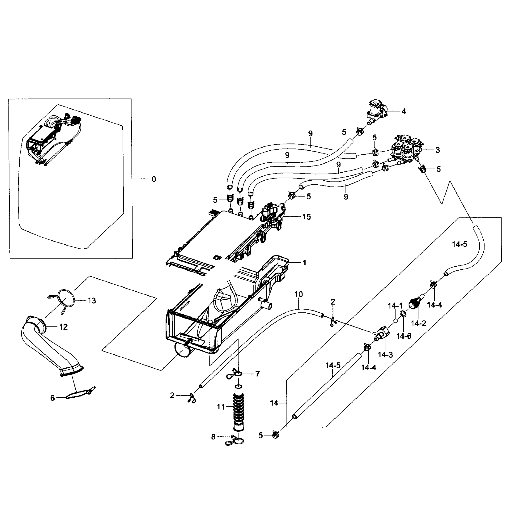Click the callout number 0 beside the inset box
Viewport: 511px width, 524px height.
[x=154, y=179]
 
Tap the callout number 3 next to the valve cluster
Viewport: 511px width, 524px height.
[x=437, y=150]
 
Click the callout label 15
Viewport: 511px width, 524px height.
[x=307, y=217]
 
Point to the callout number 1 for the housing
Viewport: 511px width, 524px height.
[x=304, y=263]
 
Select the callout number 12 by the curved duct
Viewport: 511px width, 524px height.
[x=63, y=327]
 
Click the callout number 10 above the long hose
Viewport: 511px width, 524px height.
[x=299, y=294]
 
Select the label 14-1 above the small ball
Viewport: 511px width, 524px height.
[x=395, y=306]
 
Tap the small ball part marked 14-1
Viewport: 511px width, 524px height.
[x=396, y=321]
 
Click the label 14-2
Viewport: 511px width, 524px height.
[x=418, y=323]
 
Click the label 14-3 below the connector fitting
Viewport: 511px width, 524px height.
[x=385, y=355]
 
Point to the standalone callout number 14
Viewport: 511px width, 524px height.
[x=274, y=403]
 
